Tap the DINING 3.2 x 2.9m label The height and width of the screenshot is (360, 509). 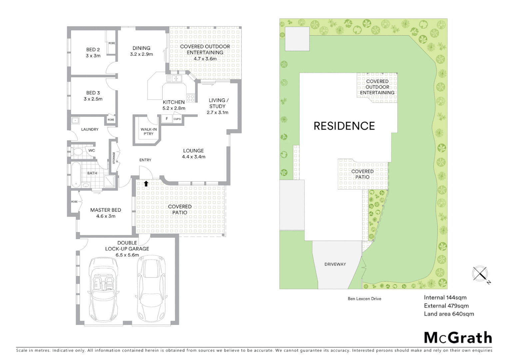click(141, 51)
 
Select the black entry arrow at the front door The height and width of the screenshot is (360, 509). click(146, 183)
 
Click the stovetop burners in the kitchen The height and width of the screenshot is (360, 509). click(190, 98)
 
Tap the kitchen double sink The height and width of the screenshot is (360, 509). click(174, 79)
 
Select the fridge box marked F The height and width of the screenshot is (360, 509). click(167, 119)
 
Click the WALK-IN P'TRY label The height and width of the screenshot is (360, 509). click(149, 131)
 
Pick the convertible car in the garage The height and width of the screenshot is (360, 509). click(104, 289)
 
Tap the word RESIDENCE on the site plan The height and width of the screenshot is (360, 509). click(344, 126)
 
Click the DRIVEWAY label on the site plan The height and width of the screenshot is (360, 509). click(335, 264)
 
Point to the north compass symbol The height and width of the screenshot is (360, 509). click(480, 274)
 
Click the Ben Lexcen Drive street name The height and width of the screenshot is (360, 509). click(364, 299)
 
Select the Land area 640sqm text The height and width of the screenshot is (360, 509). click(449, 314)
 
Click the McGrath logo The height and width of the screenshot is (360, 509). click(458, 338)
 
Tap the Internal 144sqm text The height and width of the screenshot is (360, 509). click(445, 298)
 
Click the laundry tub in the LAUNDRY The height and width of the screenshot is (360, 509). click(75, 120)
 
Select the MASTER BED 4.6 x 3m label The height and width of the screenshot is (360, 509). click(106, 213)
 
